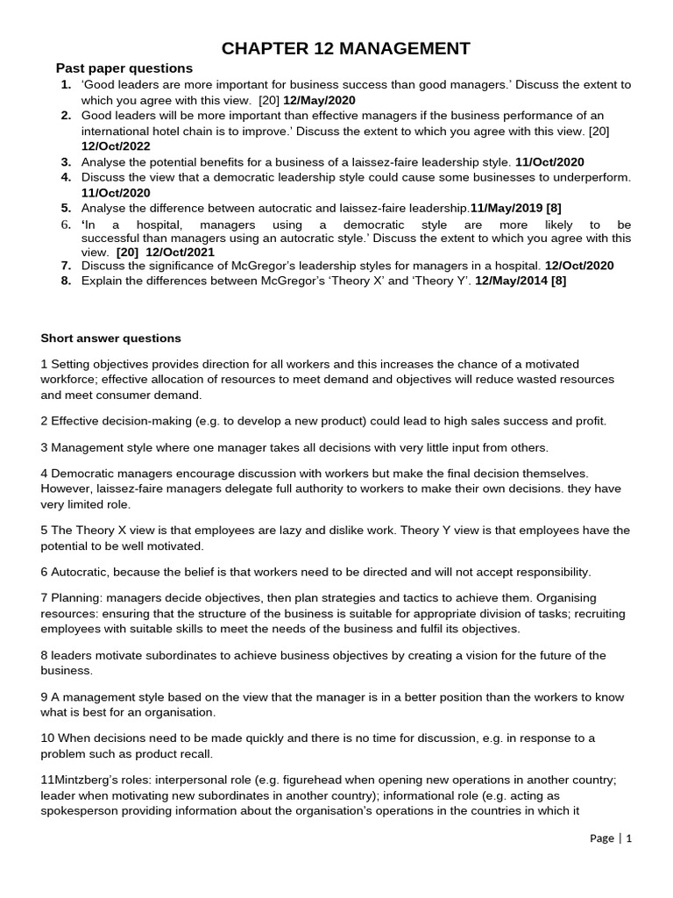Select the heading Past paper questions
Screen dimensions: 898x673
tap(124, 68)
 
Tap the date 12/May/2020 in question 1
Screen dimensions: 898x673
tap(319, 101)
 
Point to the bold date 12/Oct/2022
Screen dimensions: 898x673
tap(116, 146)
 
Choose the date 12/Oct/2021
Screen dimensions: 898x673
tap(181, 251)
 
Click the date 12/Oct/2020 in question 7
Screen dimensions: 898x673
tap(579, 266)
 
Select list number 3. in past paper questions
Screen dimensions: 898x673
tap(66, 162)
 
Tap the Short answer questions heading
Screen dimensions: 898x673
tap(111, 339)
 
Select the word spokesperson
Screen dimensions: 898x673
tap(80, 811)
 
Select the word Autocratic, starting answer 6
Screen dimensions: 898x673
tap(81, 572)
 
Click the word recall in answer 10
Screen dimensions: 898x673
tap(195, 754)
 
